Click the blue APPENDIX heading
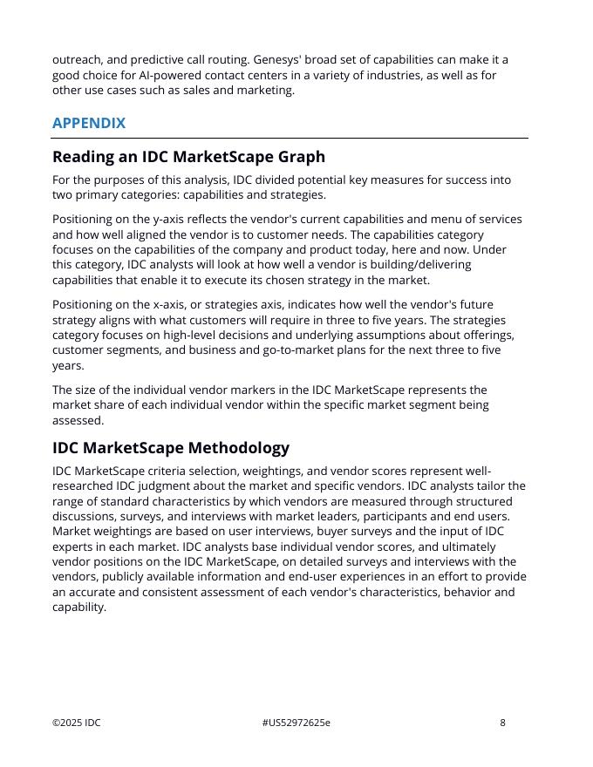point(89,123)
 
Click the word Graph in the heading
point(299,157)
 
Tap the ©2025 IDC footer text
point(77,723)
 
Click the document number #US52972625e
point(296,723)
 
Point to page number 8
point(502,723)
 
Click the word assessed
point(78,420)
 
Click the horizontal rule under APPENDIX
point(290,138)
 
